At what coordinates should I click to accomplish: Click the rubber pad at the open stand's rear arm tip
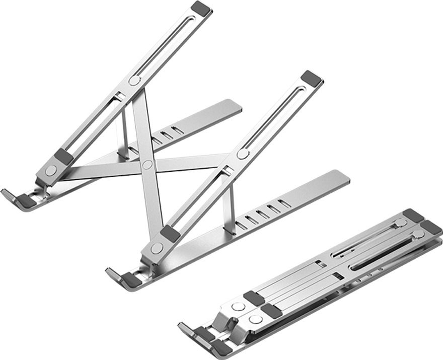pyautogui.click(x=201, y=8)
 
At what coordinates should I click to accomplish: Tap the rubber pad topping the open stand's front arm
pyautogui.click(x=311, y=78)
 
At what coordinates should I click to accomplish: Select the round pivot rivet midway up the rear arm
pyautogui.click(x=134, y=81)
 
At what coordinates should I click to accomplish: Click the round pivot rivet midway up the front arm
pyautogui.click(x=243, y=154)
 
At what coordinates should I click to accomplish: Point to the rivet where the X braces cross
pyautogui.click(x=147, y=165)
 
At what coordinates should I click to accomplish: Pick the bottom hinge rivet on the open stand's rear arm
pyautogui.click(x=51, y=170)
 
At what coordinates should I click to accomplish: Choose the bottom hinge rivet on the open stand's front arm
pyautogui.click(x=157, y=248)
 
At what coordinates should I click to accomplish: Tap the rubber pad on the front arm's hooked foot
pyautogui.click(x=131, y=280)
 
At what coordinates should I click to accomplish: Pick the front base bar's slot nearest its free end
pyautogui.click(x=284, y=203)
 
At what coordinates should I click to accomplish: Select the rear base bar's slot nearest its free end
pyautogui.click(x=177, y=130)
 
